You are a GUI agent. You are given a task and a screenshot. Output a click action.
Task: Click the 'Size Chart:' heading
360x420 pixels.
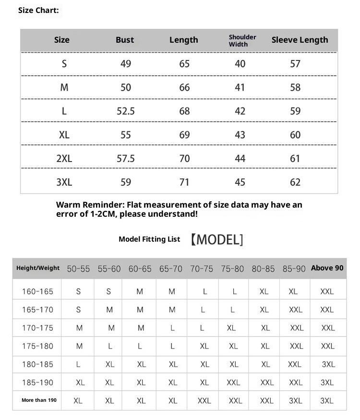(x=38, y=10)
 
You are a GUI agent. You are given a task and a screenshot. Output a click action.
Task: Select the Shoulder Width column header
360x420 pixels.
(x=242, y=40)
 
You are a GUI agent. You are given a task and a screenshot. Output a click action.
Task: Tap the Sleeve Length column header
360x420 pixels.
(x=300, y=40)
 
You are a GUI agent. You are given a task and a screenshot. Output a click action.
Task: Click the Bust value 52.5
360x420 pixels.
(x=126, y=111)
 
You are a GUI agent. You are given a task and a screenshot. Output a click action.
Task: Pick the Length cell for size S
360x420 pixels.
(x=184, y=64)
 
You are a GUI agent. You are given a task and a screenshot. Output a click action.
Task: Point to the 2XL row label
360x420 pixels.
(x=64, y=158)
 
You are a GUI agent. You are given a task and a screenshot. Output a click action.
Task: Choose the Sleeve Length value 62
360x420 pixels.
(x=295, y=182)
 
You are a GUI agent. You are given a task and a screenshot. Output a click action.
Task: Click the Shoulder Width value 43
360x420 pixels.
(x=240, y=135)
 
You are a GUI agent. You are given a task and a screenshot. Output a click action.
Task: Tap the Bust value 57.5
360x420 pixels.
(x=126, y=158)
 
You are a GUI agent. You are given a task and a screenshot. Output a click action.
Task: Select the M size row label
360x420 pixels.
(x=64, y=87)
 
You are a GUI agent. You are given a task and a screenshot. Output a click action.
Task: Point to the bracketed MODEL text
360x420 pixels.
(x=216, y=239)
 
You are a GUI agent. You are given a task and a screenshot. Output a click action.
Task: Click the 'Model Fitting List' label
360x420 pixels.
(x=149, y=239)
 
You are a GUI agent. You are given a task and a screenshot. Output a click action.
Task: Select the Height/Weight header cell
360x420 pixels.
(x=38, y=268)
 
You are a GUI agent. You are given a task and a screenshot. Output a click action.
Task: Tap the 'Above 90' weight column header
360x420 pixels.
(x=327, y=268)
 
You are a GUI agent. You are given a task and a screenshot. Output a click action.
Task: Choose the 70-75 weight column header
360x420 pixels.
(x=202, y=269)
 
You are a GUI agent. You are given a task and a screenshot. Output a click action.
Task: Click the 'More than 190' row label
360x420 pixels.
(x=39, y=400)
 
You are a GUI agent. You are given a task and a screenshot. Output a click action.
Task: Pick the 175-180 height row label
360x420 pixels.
(x=37, y=346)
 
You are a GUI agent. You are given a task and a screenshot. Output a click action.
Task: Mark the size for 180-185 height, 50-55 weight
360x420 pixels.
(x=78, y=364)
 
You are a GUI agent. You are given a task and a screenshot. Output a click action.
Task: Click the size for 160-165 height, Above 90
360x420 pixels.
(x=327, y=292)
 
